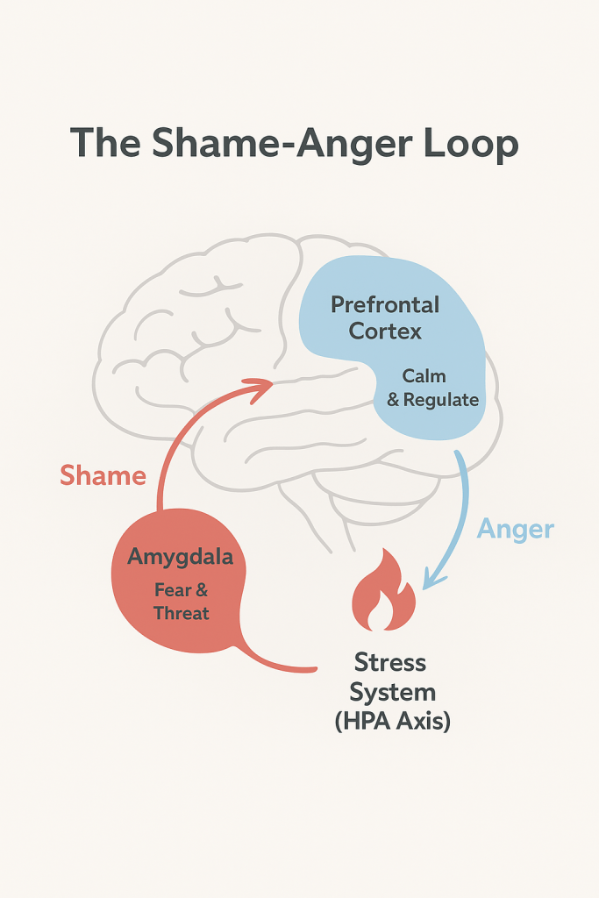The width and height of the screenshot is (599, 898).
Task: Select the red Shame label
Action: click(x=103, y=476)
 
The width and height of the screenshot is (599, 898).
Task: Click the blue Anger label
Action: click(x=516, y=530)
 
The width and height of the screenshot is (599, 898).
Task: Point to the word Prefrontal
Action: click(x=385, y=306)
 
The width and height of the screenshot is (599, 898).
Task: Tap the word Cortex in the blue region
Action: click(x=385, y=332)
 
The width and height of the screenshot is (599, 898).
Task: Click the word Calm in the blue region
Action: click(x=424, y=376)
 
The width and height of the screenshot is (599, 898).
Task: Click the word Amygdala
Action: click(x=181, y=556)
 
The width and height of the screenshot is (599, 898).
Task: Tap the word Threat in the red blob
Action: click(x=182, y=613)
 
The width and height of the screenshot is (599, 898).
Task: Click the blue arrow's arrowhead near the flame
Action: click(x=429, y=578)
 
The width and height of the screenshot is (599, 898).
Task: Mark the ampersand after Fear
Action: click(x=202, y=590)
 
